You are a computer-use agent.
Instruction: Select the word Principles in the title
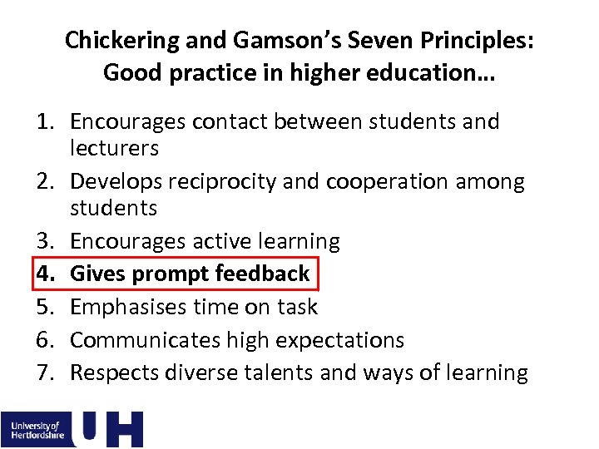click(x=473, y=40)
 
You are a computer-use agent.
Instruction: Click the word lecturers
click(x=114, y=149)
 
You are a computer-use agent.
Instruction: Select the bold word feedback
click(x=262, y=274)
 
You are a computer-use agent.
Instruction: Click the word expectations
click(x=340, y=340)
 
